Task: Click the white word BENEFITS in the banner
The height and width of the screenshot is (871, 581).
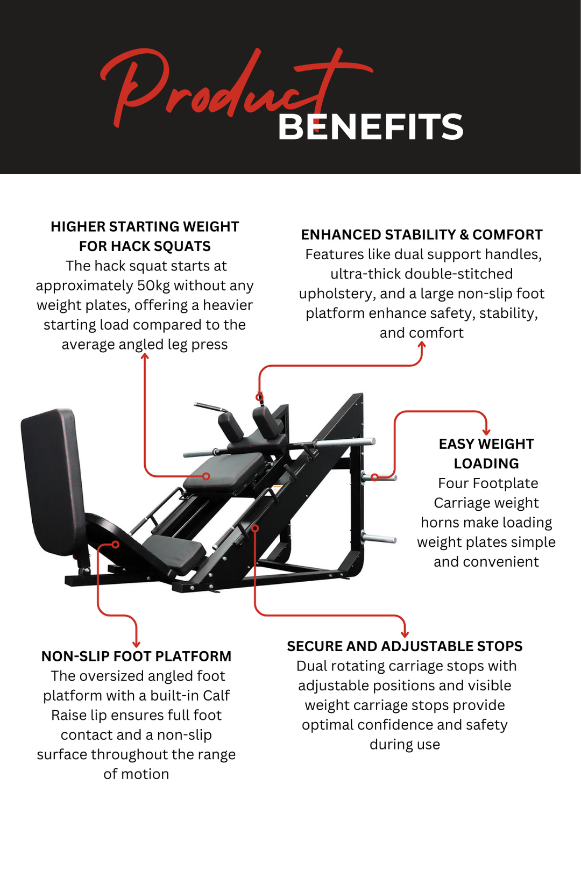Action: pyautogui.click(x=370, y=127)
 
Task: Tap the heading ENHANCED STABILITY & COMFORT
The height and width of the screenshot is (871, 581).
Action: pyautogui.click(x=421, y=235)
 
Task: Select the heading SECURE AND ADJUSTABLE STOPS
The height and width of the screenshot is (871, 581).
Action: pyautogui.click(x=405, y=646)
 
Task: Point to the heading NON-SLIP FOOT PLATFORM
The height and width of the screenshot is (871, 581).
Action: pyautogui.click(x=136, y=656)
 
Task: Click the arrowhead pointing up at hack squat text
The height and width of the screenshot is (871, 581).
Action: pyautogui.click(x=145, y=356)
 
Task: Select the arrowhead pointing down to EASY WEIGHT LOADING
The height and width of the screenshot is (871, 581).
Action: pyautogui.click(x=486, y=431)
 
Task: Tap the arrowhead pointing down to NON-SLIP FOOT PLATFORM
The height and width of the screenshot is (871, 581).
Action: pyautogui.click(x=136, y=644)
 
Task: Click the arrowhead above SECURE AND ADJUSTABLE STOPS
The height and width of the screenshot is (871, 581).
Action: pyautogui.click(x=405, y=634)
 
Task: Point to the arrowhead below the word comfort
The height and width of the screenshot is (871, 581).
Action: pyautogui.click(x=422, y=346)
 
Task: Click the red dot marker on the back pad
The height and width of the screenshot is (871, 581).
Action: pyautogui.click(x=206, y=476)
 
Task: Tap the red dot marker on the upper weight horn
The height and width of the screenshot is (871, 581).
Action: pyautogui.click(x=374, y=477)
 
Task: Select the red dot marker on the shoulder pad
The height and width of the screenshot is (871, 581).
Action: pyautogui.click(x=259, y=397)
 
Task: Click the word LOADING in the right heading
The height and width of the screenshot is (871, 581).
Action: pyautogui.click(x=486, y=463)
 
